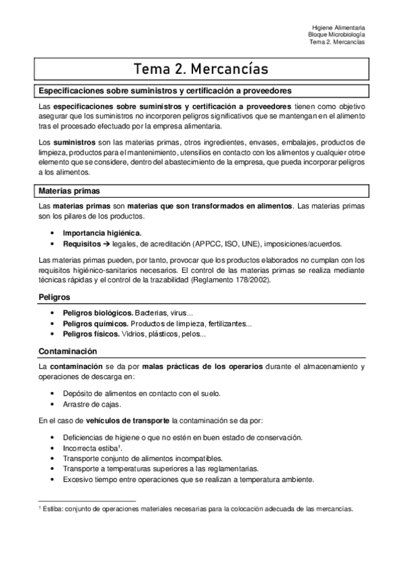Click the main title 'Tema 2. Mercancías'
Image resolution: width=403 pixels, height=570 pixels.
pyautogui.click(x=201, y=69)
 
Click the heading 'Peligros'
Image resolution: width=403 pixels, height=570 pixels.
pyautogui.click(x=54, y=296)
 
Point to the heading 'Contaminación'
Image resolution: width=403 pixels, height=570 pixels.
pyautogui.click(x=67, y=352)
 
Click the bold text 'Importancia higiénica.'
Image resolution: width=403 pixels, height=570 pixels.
pyautogui.click(x=102, y=233)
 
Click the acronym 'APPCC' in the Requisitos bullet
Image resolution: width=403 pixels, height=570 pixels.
pyautogui.click(x=209, y=243)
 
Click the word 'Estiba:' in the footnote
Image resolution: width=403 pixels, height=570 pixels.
pyautogui.click(x=55, y=510)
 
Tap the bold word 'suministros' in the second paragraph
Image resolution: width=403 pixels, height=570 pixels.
pyautogui.click(x=73, y=142)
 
